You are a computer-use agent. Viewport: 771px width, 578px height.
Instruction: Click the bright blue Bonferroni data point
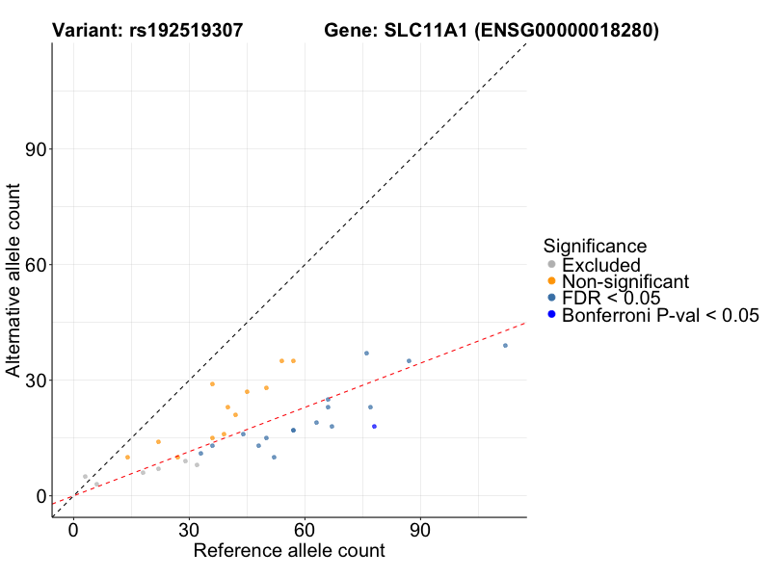pyautogui.click(x=374, y=426)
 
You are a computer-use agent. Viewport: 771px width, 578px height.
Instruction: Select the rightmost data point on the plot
pyautogui.click(x=505, y=345)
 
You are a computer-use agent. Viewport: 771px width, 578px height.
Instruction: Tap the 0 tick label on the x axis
pyautogui.click(x=73, y=531)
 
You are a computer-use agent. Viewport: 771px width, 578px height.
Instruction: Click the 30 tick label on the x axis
pyautogui.click(x=189, y=531)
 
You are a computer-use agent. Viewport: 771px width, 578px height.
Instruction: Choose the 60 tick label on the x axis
pyautogui.click(x=305, y=531)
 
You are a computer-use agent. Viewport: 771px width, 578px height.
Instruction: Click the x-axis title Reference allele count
pyautogui.click(x=289, y=551)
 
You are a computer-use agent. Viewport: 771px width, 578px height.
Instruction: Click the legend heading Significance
pyautogui.click(x=595, y=246)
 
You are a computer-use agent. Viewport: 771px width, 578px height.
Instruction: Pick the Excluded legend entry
pyautogui.click(x=600, y=264)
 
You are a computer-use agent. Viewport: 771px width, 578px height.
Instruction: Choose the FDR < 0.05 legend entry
pyautogui.click(x=611, y=298)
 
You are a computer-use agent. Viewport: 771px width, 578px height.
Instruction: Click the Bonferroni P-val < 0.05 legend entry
pyautogui.click(x=660, y=314)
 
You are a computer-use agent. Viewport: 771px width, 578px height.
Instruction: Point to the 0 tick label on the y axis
pyautogui.click(x=40, y=496)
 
